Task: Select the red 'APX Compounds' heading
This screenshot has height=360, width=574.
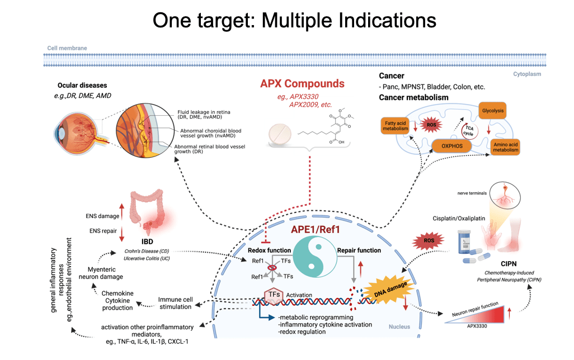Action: [302, 84]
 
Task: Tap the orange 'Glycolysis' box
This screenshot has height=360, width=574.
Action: [493, 111]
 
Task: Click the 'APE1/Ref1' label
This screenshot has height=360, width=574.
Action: [314, 229]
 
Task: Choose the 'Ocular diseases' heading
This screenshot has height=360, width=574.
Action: [82, 86]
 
